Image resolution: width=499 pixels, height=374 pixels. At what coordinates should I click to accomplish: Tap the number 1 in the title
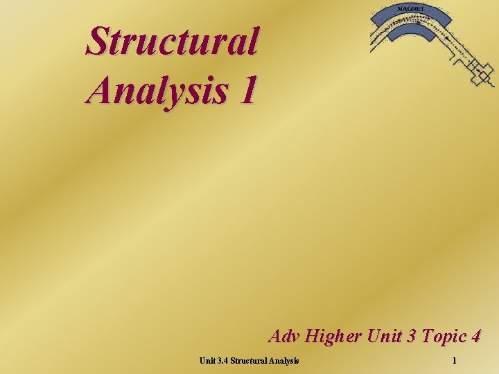[x=247, y=91]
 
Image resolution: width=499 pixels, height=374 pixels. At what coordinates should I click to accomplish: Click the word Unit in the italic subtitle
[x=383, y=337]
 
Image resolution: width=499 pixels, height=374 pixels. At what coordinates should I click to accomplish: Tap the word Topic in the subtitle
[x=441, y=337]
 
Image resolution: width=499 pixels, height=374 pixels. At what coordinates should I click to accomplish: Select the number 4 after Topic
[x=475, y=337]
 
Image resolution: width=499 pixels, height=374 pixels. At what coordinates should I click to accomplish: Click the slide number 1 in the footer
[x=454, y=360]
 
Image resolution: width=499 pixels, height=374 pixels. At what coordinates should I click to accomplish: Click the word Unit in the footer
[x=207, y=360]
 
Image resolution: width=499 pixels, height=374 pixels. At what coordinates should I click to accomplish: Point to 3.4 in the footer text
[x=222, y=360]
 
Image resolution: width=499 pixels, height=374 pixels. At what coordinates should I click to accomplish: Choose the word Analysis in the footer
[x=284, y=360]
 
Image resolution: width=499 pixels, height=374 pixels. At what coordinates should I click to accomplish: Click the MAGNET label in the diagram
[x=412, y=8]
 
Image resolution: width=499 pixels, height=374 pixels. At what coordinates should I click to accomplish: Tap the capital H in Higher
[x=310, y=337]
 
